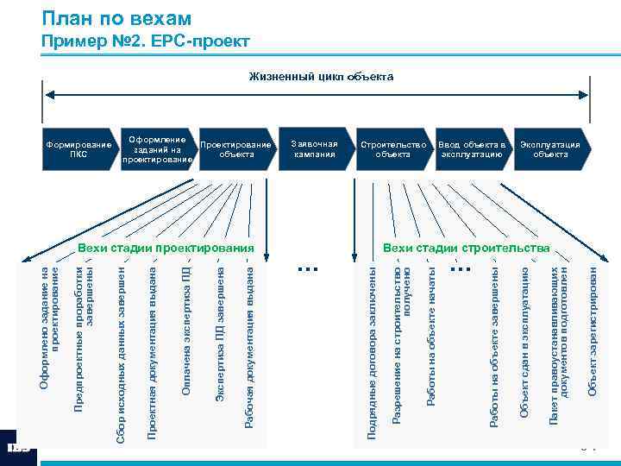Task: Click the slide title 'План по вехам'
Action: click(x=116, y=18)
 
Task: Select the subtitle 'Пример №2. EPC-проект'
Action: click(x=146, y=41)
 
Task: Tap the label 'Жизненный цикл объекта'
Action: click(x=321, y=77)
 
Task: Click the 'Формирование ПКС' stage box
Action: click(x=78, y=149)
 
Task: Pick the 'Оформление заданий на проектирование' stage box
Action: click(x=157, y=148)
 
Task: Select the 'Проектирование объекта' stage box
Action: click(x=235, y=149)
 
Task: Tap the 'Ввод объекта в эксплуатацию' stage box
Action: click(x=471, y=148)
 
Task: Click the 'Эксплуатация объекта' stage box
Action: click(x=549, y=148)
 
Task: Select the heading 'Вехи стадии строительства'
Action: click(x=466, y=249)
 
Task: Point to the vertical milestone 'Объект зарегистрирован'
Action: click(x=593, y=331)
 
